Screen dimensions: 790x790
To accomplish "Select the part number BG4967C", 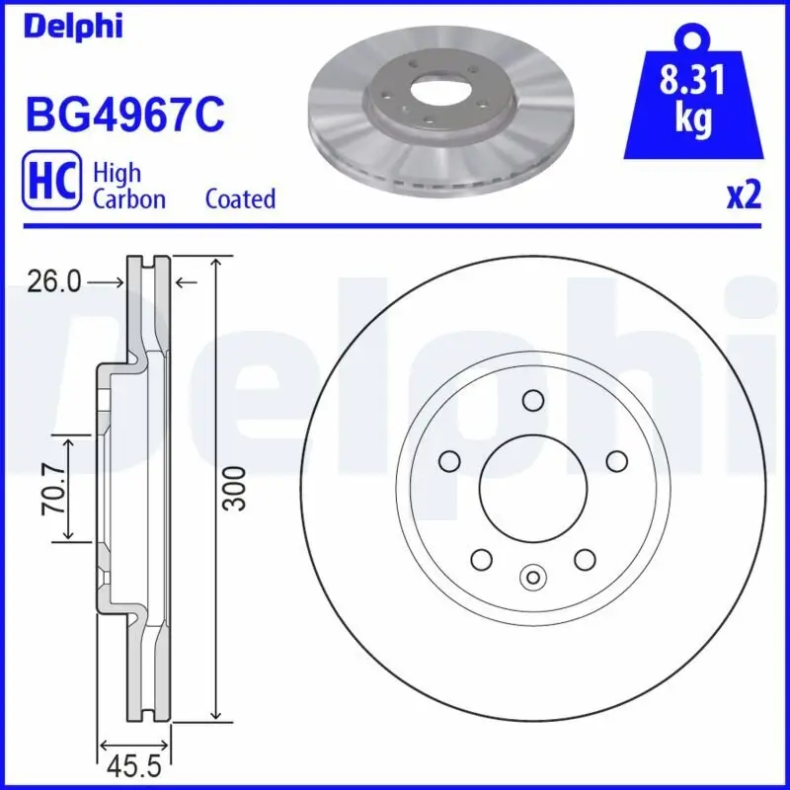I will point(124,115).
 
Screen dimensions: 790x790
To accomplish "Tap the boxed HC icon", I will point(50,185).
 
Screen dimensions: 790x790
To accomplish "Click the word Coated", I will point(240,198).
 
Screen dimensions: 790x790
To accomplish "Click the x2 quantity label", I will point(744,197).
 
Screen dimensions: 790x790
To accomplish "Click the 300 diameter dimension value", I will point(234,488).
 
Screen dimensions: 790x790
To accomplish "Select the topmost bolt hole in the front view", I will point(533,400).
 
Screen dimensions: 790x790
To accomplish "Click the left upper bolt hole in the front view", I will point(450,461).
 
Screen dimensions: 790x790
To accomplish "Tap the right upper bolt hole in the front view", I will point(616,461).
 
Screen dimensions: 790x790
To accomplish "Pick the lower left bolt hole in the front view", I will point(482,560).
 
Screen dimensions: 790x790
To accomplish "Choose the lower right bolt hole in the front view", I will point(585,560).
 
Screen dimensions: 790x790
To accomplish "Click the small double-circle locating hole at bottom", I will point(533,577).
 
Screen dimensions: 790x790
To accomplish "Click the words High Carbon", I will point(128,185).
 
